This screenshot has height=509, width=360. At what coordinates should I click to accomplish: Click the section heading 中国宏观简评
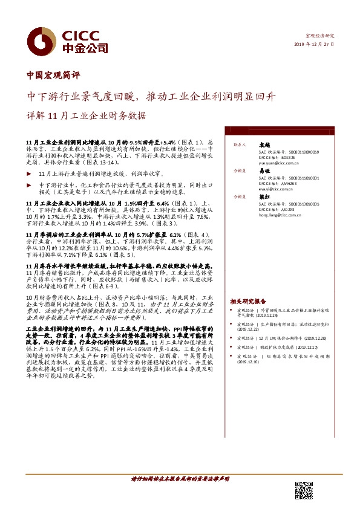[x=54, y=76]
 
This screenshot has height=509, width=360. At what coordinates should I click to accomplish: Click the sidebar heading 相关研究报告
[x=247, y=300]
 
